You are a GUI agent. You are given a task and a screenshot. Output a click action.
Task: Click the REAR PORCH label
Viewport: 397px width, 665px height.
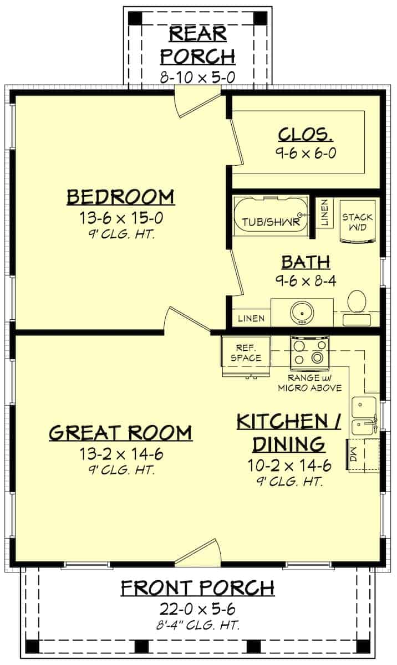tap(198, 44)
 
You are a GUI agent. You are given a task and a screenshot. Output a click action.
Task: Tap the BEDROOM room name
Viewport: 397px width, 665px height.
tap(121, 197)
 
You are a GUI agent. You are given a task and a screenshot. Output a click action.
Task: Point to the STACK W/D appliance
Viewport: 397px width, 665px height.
tap(357, 221)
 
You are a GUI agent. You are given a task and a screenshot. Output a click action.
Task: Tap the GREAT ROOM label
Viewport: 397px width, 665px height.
tap(121, 432)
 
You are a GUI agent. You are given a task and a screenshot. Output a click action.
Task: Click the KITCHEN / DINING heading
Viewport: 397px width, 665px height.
tap(289, 432)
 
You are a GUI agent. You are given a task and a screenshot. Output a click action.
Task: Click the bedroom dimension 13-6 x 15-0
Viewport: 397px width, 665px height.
tap(121, 217)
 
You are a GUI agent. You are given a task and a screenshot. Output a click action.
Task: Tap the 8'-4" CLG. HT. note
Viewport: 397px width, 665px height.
tap(198, 626)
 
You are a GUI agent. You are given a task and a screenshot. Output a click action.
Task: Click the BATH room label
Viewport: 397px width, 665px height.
tap(306, 262)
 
